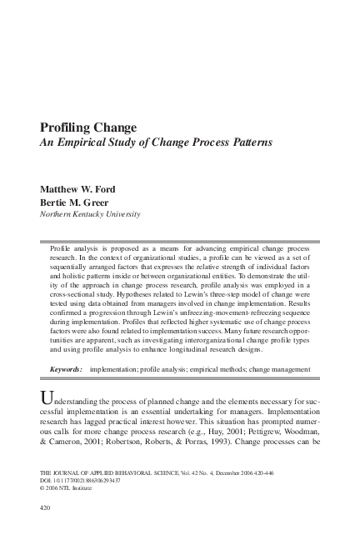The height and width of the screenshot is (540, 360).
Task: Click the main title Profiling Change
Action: tap(87, 127)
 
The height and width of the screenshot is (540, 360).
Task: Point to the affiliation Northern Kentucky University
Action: tap(90, 214)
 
